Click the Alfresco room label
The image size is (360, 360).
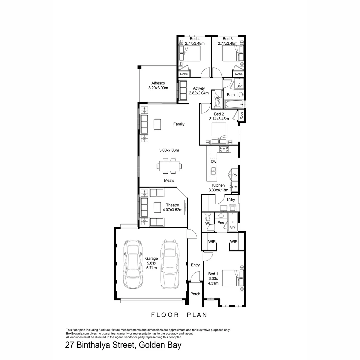coord(158,85)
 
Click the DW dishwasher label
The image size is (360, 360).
coord(214,162)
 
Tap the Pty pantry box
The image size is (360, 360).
coord(235,175)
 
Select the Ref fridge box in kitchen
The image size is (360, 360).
coord(235,187)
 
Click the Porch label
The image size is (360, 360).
coord(195,294)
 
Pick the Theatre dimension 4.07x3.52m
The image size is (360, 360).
coord(171,210)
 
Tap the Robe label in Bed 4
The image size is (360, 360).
coord(184,74)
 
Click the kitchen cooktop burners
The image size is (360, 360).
coord(224,149)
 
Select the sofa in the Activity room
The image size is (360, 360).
coord(183,90)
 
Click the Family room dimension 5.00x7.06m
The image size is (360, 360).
coord(169,150)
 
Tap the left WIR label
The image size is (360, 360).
coord(211,242)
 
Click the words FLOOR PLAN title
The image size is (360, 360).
coord(179,315)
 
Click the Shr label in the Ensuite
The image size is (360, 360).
coord(233,227)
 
